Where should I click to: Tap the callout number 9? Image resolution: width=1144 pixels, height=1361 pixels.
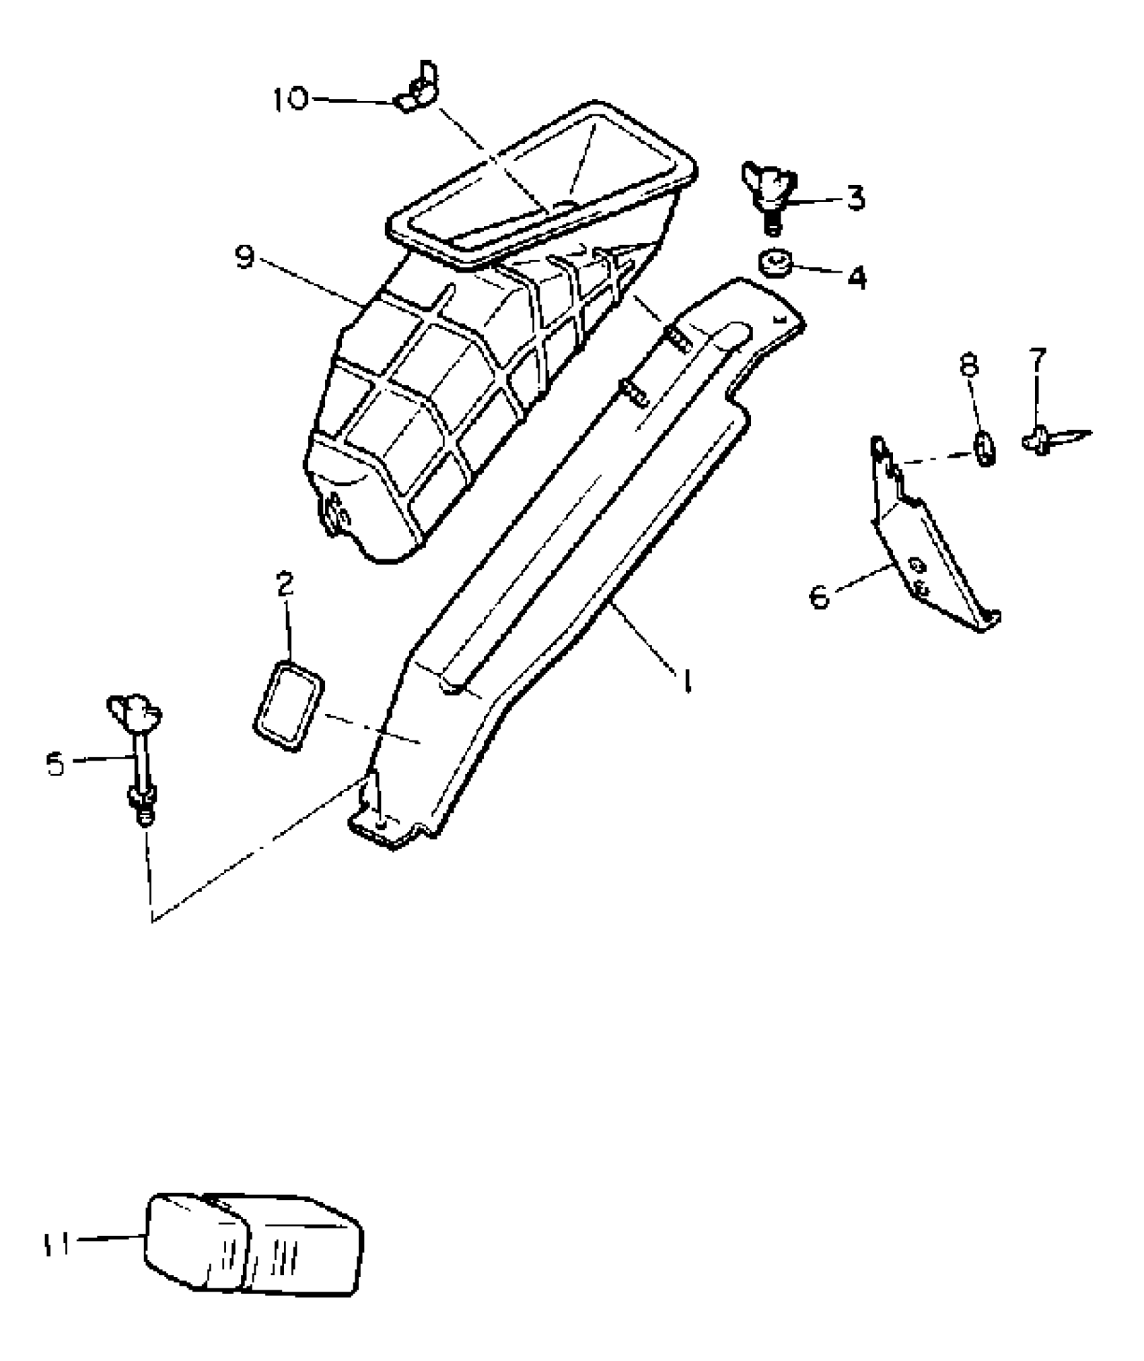pos(246,257)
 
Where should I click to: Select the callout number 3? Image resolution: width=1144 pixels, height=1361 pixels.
pos(855,198)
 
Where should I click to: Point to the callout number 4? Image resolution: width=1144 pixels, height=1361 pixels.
pos(856,277)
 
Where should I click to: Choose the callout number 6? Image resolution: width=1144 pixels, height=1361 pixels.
pos(820,596)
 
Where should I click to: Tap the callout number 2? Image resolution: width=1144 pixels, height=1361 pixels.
pos(286,584)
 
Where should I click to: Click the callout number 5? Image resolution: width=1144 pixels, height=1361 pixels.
pos(56,764)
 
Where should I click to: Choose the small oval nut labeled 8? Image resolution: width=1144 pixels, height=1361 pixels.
pos(985,447)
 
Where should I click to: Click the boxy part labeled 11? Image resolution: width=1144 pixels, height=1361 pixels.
pos(254,1244)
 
